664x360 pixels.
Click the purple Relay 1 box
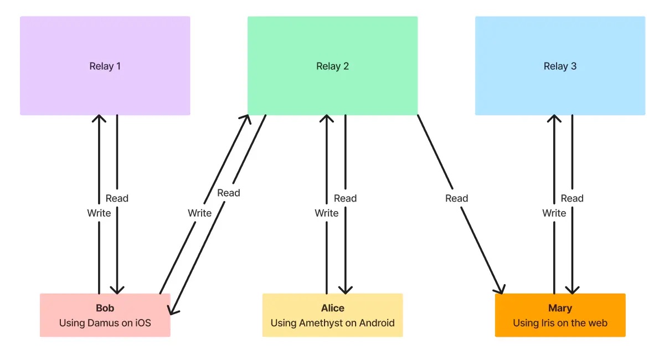[x=105, y=66]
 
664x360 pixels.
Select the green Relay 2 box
[x=332, y=66]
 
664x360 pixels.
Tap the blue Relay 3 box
[x=560, y=66]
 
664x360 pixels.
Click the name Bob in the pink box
[x=105, y=308]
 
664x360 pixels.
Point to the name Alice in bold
[x=332, y=308]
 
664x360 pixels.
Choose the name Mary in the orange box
[x=560, y=308]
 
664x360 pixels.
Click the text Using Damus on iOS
[x=105, y=323]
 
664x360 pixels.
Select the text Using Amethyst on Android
[x=332, y=323]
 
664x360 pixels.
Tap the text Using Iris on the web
[x=560, y=323]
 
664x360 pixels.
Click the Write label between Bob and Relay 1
[x=99, y=213]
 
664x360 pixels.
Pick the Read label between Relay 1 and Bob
[x=117, y=198]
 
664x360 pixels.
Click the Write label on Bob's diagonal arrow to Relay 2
[x=199, y=213]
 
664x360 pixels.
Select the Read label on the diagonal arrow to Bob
[x=229, y=193]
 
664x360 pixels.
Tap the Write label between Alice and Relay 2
[x=327, y=213]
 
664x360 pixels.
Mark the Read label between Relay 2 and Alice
[x=345, y=198]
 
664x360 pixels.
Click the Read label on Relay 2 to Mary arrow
[x=457, y=198]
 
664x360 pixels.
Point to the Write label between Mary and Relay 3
[x=554, y=213]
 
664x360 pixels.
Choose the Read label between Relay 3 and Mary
[x=572, y=198]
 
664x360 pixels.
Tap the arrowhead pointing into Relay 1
[x=99, y=119]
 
